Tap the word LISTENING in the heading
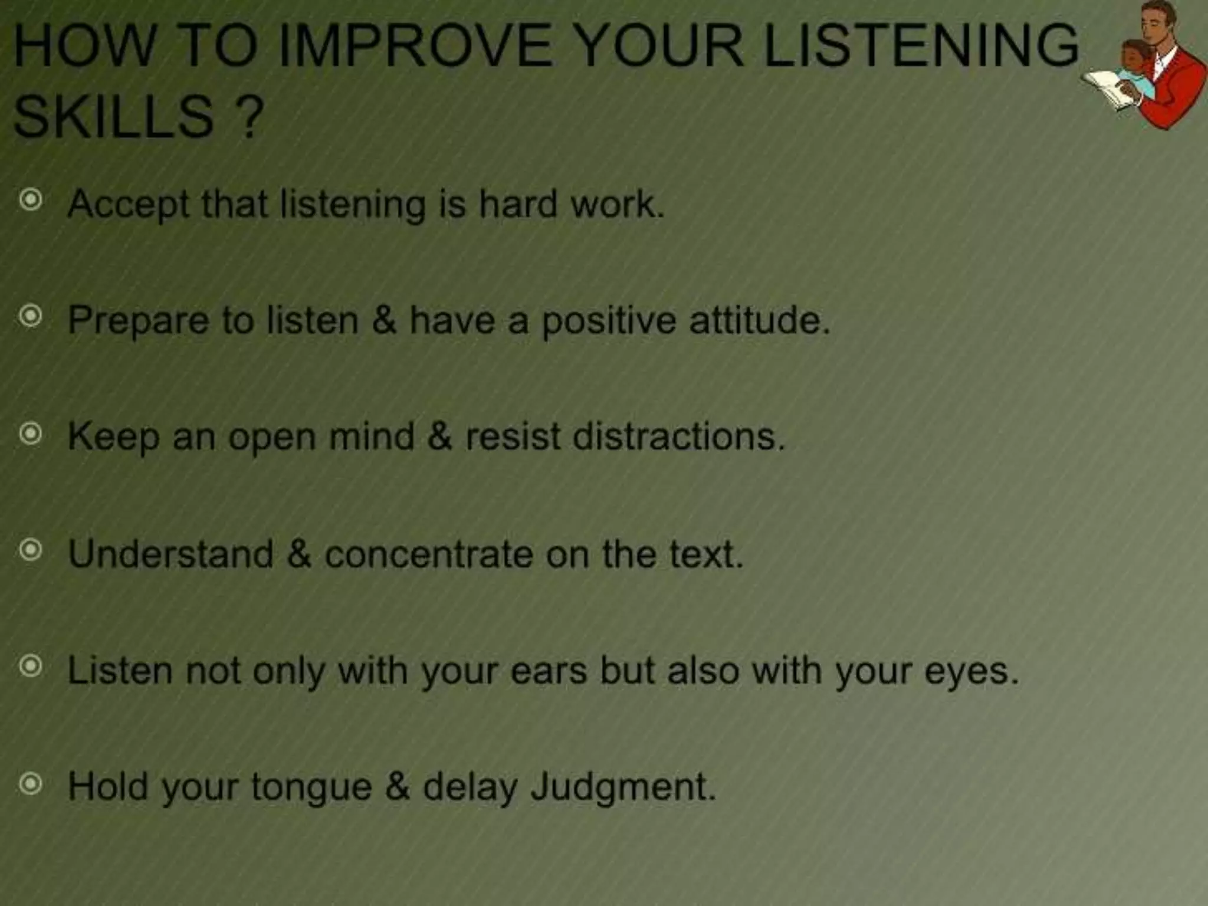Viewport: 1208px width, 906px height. click(x=921, y=46)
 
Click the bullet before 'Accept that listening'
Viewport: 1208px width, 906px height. click(x=31, y=201)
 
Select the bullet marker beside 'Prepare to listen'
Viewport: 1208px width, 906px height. click(x=31, y=317)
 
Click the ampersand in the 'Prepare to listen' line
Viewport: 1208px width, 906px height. click(x=384, y=320)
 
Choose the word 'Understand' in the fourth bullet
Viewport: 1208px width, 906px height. click(x=171, y=554)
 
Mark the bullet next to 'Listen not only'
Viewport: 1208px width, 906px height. click(x=31, y=667)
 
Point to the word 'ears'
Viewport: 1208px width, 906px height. click(x=549, y=671)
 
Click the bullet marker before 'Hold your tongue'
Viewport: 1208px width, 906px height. click(x=31, y=784)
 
